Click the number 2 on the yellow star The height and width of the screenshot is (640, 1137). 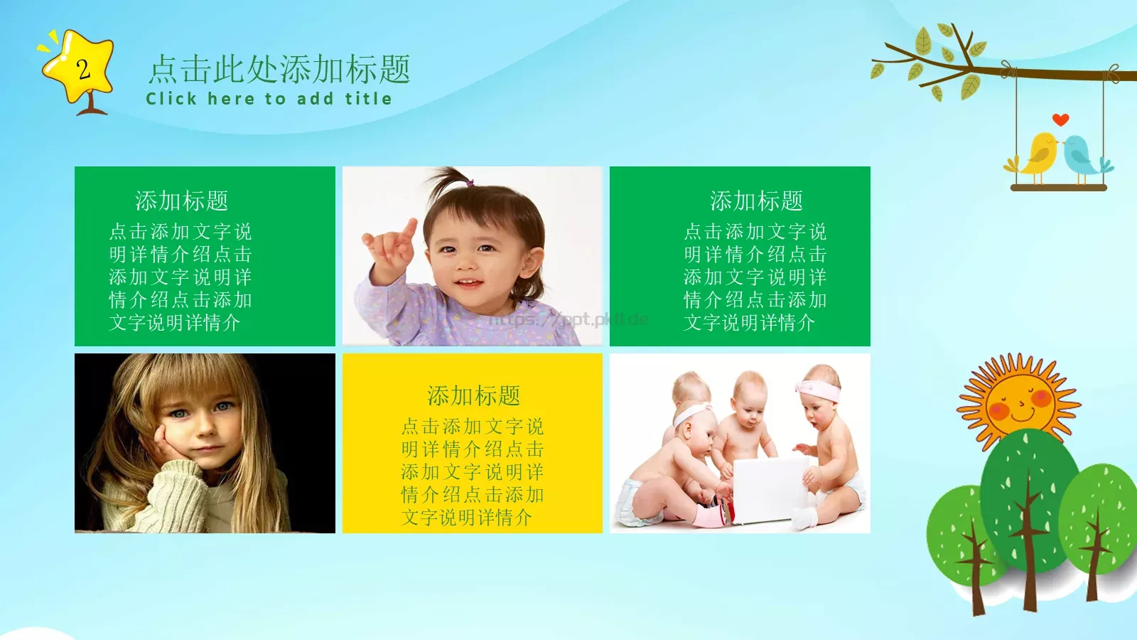click(x=83, y=69)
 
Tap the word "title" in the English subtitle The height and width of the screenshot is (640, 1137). click(x=368, y=99)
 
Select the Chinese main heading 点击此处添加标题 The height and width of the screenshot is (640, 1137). click(x=279, y=70)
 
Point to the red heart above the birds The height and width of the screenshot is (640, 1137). click(x=1060, y=119)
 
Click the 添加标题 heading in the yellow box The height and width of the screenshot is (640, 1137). click(x=473, y=395)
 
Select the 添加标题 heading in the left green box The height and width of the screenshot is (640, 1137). click(x=181, y=201)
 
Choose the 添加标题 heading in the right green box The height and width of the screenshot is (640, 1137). click(x=756, y=201)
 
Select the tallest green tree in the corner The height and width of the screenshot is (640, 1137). click(x=1028, y=498)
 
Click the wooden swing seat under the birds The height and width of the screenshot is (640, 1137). click(x=1058, y=188)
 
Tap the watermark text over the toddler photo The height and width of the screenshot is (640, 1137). click(x=568, y=319)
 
